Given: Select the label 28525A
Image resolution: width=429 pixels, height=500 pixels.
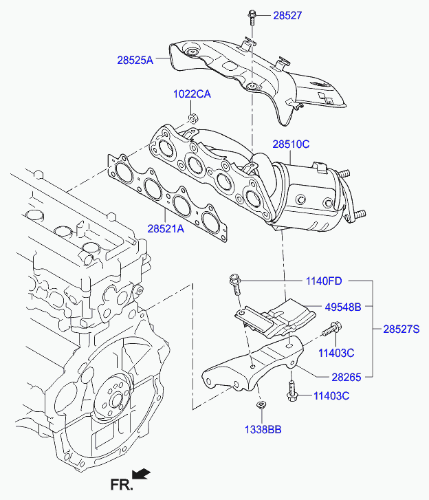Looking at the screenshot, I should click(x=135, y=61).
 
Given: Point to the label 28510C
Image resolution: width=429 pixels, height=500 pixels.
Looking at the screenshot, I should click(x=291, y=144).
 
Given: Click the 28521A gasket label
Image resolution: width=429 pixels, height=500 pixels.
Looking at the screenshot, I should click(x=165, y=228).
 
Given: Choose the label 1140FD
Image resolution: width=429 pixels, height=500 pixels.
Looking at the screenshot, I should click(x=324, y=281).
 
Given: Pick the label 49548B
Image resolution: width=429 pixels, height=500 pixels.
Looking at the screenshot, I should click(x=342, y=307).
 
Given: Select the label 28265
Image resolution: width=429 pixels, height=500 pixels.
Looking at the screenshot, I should click(x=346, y=376).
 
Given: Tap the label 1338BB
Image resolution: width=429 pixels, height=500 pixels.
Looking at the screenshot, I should click(x=263, y=429).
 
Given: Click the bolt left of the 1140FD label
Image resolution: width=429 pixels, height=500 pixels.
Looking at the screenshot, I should click(x=234, y=281).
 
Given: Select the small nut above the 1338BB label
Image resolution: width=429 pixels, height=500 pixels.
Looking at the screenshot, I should click(x=261, y=406).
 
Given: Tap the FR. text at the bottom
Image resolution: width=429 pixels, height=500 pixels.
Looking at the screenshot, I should click(x=121, y=486).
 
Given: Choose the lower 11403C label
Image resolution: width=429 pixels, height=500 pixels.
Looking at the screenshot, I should click(x=331, y=395).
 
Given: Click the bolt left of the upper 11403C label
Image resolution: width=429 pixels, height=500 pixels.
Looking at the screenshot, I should click(x=332, y=330).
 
